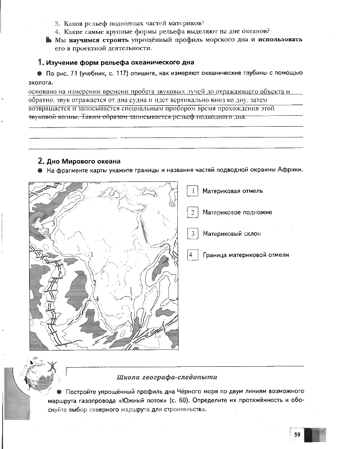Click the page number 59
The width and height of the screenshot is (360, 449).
pos(297,434)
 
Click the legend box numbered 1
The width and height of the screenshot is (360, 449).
pos(192,191)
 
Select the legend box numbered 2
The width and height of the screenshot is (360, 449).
pos(192,212)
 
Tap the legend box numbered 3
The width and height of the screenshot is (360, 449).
pos(192,234)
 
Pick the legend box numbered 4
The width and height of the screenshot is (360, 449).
pos(192,255)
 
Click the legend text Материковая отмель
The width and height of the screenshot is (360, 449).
pos(233,191)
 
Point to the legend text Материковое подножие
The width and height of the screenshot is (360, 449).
pos(237,212)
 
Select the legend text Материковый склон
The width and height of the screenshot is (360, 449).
pos(232,234)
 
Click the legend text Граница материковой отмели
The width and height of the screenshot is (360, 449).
pos(246,255)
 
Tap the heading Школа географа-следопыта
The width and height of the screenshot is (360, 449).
pos(167,377)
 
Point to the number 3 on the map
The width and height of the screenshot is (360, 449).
pos(53,223)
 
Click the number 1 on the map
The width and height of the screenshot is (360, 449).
pos(92,254)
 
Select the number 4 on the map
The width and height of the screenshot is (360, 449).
pos(97,298)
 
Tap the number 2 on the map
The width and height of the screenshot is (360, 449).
pos(94,282)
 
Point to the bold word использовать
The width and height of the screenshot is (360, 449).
pos(280,40)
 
